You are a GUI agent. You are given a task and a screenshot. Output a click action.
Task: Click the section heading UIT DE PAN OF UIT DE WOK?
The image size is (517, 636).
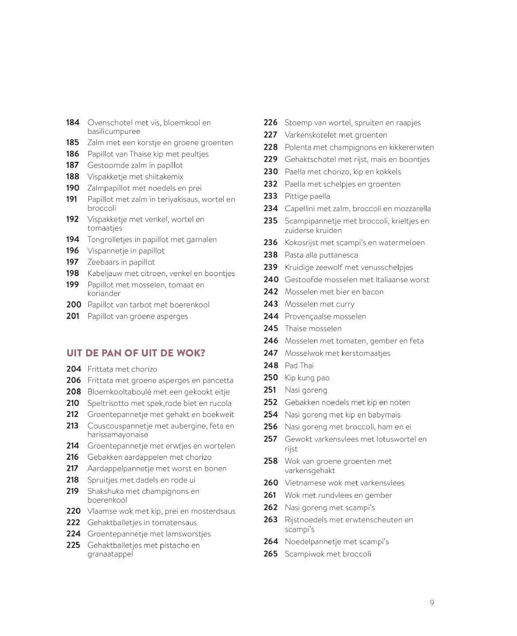136,353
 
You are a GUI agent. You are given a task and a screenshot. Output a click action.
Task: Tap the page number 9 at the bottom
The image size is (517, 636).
432,603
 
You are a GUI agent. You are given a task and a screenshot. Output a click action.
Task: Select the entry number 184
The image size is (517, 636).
73,122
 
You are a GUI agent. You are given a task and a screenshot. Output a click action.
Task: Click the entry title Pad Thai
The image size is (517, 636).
299,365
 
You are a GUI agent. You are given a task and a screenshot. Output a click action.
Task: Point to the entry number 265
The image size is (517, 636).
270,554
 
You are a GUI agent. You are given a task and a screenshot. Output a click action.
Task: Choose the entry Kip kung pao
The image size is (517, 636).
307,378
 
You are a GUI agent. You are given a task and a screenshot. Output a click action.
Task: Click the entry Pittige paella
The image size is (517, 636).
307,196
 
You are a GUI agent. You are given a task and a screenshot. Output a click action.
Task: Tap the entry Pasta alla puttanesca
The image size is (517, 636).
321,255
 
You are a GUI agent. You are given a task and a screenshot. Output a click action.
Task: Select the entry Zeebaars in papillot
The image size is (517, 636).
121,262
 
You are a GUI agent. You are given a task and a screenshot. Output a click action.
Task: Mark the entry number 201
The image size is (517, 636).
73,316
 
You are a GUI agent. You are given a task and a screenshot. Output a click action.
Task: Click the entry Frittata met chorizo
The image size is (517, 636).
122,369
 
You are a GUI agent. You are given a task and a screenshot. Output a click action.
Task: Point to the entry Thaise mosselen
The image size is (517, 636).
313,329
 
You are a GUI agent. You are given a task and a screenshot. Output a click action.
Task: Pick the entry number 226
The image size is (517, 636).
270,122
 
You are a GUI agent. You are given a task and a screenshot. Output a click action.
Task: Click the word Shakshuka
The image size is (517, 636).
106,491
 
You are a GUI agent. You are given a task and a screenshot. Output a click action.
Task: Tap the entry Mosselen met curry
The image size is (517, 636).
319,304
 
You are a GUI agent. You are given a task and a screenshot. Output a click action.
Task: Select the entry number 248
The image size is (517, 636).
270,365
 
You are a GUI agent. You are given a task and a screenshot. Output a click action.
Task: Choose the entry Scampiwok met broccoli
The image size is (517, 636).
328,554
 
